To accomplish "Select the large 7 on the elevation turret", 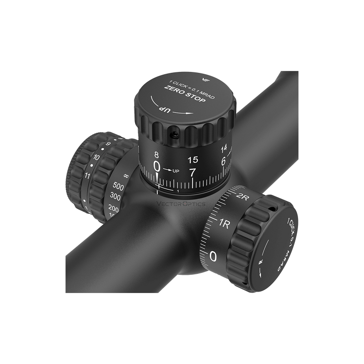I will coord(192,173).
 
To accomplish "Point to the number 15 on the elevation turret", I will coord(192,160).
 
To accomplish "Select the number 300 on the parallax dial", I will coord(116,197).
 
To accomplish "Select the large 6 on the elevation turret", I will coord(223,161).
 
